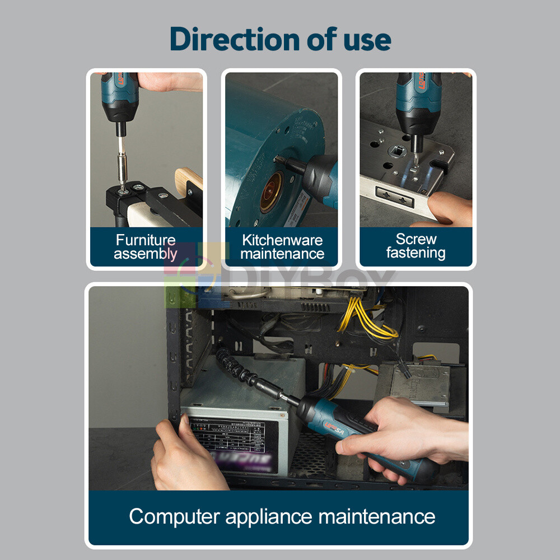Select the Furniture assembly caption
click(146, 247)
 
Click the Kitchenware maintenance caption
click(282, 247)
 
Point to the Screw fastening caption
click(416, 246)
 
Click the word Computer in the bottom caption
click(174, 516)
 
